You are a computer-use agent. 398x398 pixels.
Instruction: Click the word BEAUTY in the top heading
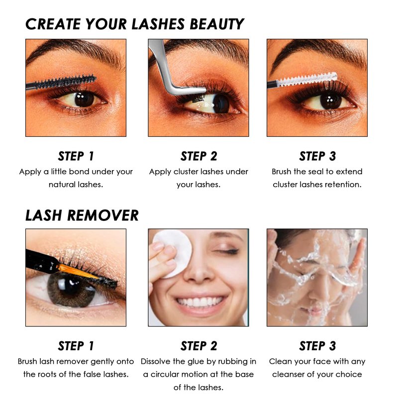(216, 24)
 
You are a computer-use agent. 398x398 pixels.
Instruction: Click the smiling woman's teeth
(199, 302)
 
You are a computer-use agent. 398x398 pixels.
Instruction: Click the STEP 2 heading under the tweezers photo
(199, 156)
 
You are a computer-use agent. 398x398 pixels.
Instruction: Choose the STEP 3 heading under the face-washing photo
(317, 346)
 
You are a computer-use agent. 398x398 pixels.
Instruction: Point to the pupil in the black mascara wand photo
(84, 99)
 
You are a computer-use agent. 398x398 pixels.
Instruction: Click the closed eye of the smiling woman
(228, 252)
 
